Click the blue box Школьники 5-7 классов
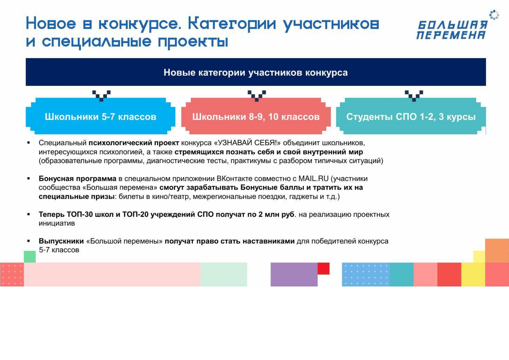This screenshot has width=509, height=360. point(100,116)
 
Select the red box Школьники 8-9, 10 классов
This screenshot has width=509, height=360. point(256,116)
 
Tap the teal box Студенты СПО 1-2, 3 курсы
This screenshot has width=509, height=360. point(411,116)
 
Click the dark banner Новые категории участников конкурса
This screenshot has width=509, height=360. point(256,72)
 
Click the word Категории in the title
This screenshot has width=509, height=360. point(232,24)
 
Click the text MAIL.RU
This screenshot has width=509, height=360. point(313,178)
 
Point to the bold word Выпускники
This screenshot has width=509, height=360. point(61,241)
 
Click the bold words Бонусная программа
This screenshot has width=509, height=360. point(77,179)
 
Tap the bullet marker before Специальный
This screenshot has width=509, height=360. point(28,143)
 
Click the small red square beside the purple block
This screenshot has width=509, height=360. point(324,268)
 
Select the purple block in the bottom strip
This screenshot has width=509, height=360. point(294,274)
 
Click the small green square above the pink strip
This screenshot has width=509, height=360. point(30,257)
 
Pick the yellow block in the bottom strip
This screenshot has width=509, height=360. point(473,274)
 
